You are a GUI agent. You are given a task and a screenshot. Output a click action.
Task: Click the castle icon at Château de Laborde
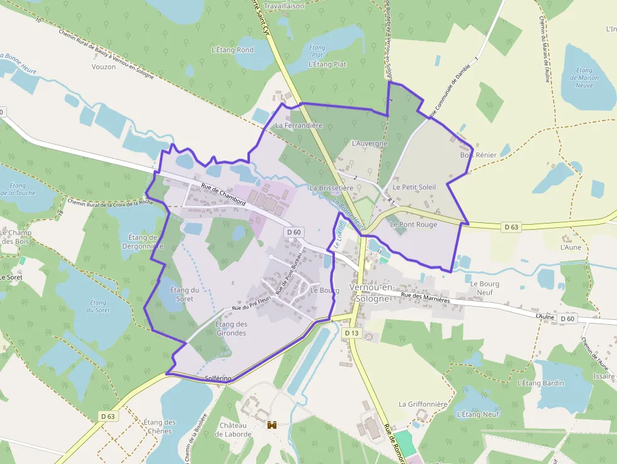[273, 426]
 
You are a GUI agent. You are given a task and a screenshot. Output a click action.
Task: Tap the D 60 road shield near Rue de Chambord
[294, 232]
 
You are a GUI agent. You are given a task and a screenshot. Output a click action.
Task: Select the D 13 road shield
[352, 333]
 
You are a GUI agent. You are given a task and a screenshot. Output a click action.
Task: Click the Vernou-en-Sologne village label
[372, 293]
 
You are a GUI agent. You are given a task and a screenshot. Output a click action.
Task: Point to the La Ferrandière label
[299, 125]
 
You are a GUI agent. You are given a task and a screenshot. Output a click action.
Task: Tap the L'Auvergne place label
[370, 144]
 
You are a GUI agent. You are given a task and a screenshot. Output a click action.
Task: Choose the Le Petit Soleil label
[414, 187]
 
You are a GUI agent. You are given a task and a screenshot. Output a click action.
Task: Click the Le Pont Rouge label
[413, 224]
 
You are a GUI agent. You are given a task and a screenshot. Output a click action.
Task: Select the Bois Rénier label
[478, 155]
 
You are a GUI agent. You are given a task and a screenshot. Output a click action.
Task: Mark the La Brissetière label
[331, 188]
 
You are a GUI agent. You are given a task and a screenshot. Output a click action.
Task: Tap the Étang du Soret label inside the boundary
[184, 294]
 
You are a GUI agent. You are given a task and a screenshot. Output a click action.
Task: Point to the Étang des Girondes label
[231, 328]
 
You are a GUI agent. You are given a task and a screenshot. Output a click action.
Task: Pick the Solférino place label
[218, 378]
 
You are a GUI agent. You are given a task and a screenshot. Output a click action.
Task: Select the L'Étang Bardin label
[540, 382]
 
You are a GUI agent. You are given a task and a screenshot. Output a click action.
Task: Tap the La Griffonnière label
[422, 404]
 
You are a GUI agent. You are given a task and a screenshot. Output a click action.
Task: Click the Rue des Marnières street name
[426, 298]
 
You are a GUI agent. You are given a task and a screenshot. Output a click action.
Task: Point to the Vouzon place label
[103, 67]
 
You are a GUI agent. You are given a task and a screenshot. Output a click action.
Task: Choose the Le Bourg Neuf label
[485, 288]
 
